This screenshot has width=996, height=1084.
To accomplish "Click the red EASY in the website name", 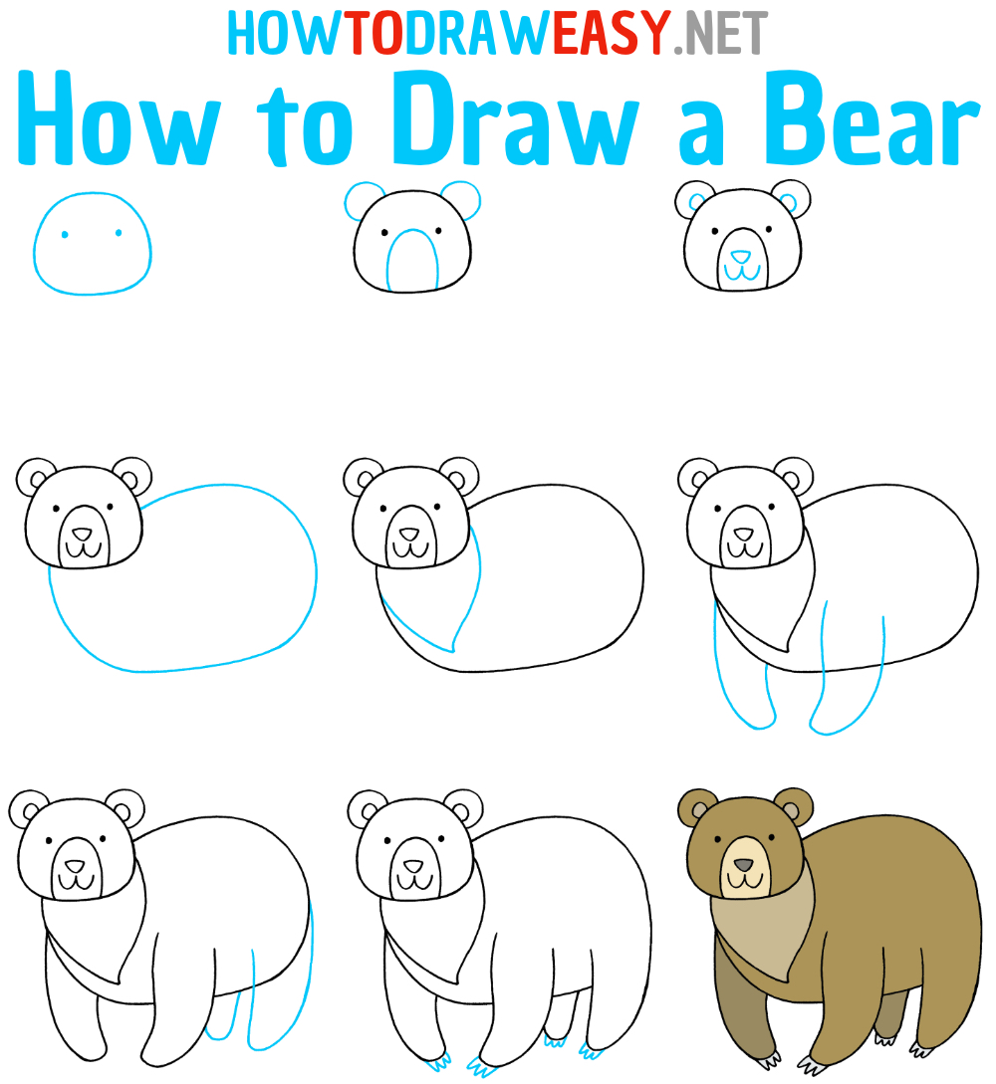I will point(610,34).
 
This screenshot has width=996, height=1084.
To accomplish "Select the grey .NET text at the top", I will point(721,34).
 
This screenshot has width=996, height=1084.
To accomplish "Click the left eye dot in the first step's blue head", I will point(65,235).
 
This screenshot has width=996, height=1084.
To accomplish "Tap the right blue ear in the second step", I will point(461,198).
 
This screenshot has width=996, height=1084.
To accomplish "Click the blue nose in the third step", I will point(737,258).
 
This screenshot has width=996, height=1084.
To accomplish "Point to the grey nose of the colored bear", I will point(741,863).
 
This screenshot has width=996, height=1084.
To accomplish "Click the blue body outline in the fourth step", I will point(299,557).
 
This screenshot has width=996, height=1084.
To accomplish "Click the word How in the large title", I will point(120,124).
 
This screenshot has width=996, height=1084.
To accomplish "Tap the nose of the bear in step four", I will point(82,535).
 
